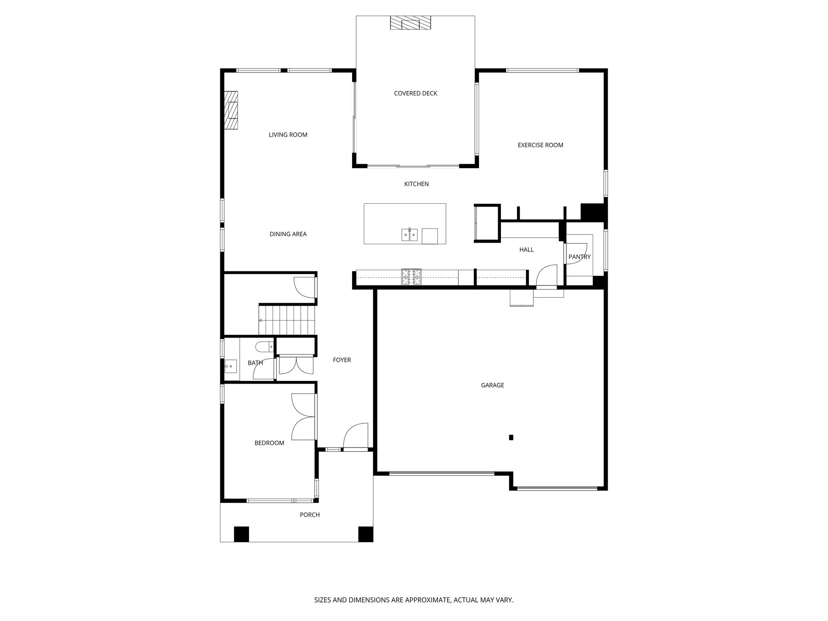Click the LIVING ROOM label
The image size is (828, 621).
click(x=288, y=135)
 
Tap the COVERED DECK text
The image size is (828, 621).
click(x=415, y=93)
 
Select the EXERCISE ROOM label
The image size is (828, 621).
click(x=540, y=145)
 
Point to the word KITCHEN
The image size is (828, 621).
click(x=416, y=184)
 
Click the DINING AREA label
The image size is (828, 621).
click(x=288, y=234)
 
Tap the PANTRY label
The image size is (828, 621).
click(x=579, y=257)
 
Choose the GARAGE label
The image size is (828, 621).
click(x=492, y=385)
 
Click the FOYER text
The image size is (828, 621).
click(x=342, y=360)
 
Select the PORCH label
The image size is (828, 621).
click(x=310, y=515)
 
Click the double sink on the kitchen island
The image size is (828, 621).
click(x=409, y=234)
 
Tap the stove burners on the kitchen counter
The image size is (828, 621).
click(x=411, y=277)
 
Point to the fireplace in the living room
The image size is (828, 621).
click(x=231, y=110)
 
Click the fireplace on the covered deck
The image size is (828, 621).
click(x=410, y=23)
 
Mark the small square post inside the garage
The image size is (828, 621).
click(x=511, y=437)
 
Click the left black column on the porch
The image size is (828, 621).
click(x=241, y=534)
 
